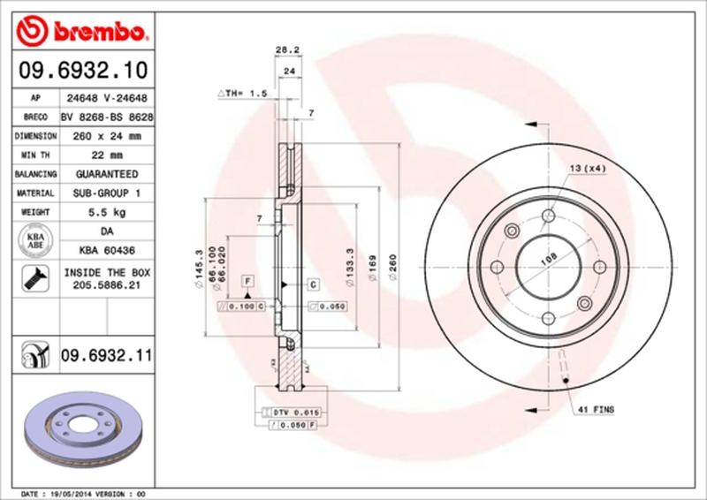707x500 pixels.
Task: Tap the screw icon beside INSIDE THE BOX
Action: [x=32, y=280]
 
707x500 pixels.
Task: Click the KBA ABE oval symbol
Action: [x=32, y=240]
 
